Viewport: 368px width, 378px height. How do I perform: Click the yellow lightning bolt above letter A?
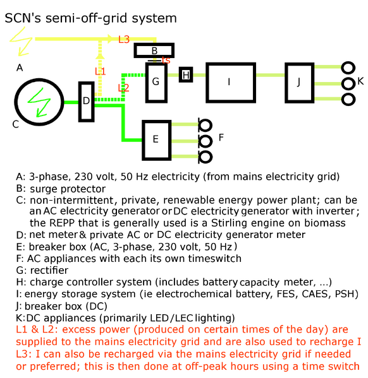(x=21, y=41)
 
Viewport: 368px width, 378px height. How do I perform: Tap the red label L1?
(x=100, y=71)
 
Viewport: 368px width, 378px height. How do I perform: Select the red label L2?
(x=123, y=88)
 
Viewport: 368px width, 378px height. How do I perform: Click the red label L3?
(x=124, y=40)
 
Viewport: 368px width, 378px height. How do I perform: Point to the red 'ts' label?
(x=166, y=60)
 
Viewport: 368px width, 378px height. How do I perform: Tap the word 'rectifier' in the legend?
(x=49, y=270)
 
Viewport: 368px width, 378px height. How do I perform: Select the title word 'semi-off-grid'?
(x=87, y=18)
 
